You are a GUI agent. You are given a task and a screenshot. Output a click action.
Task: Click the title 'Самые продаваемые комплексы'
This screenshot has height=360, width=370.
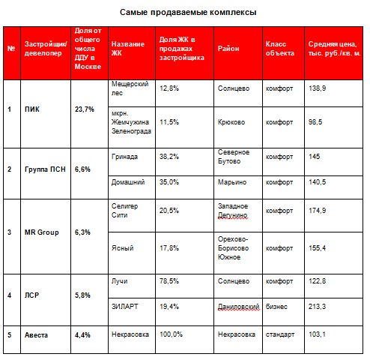click(188, 12)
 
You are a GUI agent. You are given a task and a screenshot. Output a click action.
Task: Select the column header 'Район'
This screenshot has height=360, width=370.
click(228, 49)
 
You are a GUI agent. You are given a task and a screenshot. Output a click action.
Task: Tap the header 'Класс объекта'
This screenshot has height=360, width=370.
click(280, 49)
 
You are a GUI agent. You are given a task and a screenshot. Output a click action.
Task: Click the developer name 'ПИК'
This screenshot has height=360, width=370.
click(32, 109)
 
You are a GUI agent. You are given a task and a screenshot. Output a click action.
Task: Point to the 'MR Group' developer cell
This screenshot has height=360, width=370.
click(42, 232)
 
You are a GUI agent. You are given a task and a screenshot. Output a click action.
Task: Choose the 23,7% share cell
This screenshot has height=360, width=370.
click(85, 109)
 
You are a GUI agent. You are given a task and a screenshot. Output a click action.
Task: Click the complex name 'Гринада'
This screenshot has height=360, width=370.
click(124, 157)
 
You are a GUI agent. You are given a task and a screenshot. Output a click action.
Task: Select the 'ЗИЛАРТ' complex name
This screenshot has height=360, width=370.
click(124, 307)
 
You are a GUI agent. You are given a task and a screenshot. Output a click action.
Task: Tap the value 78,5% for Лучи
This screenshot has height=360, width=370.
click(169, 281)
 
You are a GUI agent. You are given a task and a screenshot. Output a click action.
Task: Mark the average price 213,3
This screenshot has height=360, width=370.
click(317, 307)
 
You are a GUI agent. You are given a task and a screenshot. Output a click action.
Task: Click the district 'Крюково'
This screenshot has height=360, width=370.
click(231, 122)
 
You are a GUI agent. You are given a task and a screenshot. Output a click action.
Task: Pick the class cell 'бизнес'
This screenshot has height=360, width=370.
click(276, 307)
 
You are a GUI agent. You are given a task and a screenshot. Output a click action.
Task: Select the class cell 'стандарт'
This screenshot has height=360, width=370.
click(280, 334)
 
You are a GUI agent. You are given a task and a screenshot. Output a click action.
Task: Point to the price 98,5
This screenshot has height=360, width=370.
click(315, 122)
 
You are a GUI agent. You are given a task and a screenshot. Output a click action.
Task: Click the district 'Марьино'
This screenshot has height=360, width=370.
click(232, 182)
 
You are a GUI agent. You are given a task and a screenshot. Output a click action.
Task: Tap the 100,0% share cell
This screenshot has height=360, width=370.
click(171, 334)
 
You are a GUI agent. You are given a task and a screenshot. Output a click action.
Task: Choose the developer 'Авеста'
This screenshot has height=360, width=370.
click(36, 335)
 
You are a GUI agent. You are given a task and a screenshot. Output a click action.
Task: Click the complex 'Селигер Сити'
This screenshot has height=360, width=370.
click(124, 211)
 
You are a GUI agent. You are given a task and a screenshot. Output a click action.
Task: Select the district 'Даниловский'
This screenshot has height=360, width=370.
click(239, 307)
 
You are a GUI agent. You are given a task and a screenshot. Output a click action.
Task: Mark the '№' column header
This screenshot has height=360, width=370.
click(11, 49)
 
